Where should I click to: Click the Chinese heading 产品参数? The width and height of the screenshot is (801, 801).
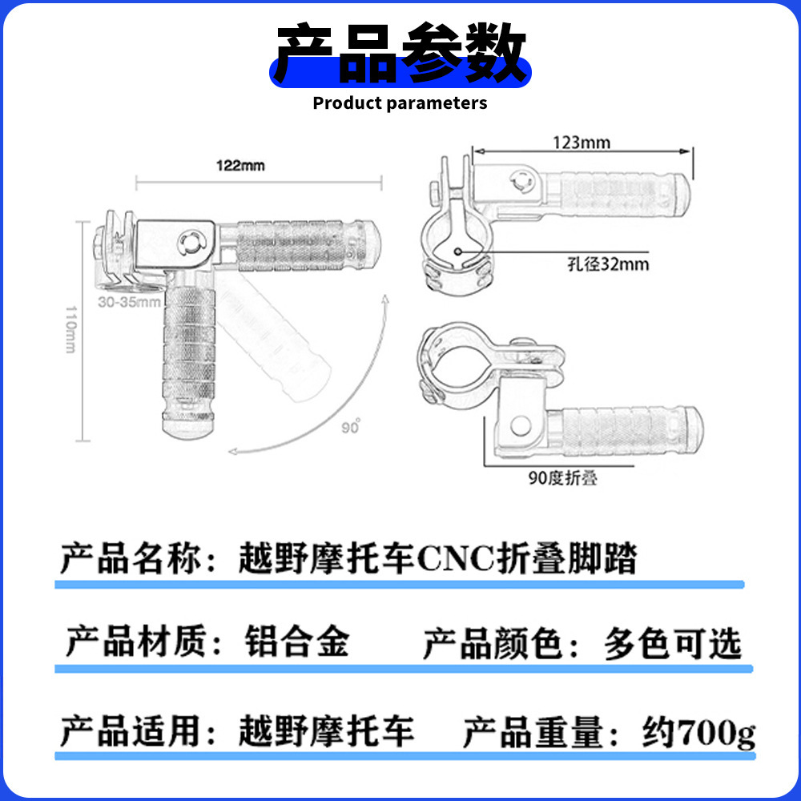[400, 54]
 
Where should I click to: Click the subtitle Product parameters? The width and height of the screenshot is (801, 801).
[400, 103]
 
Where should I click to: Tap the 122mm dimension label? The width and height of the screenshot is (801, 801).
[239, 167]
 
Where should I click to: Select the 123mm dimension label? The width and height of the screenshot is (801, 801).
[582, 143]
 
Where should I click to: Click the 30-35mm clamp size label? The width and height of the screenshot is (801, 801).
[128, 303]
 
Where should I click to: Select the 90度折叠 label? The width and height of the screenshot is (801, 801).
[562, 479]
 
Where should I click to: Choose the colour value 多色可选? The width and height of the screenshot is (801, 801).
[673, 645]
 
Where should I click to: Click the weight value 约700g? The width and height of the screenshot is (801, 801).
[698, 732]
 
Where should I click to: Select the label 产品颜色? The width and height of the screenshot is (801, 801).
[491, 645]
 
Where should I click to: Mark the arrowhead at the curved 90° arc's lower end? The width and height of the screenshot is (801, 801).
[232, 452]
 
